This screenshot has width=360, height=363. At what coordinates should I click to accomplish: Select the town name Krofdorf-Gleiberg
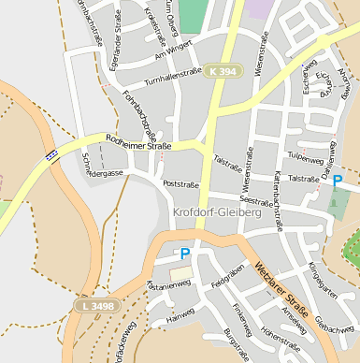(230, 212)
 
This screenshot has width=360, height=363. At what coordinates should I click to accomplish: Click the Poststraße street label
(181, 184)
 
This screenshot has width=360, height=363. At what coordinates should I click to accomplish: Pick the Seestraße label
(256, 199)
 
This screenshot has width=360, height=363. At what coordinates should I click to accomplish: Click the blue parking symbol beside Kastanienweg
(184, 253)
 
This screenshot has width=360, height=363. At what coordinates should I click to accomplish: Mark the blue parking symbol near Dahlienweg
(338, 181)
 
